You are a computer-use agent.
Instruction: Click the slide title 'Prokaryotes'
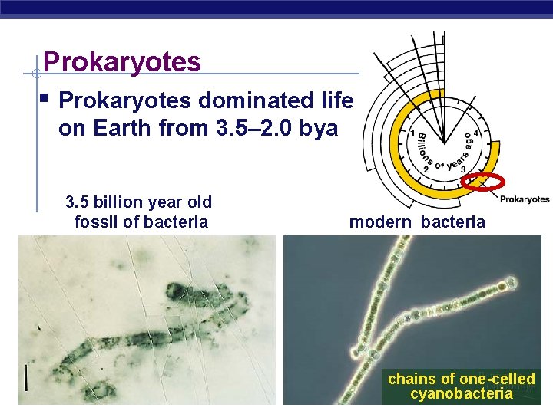[x=122, y=61]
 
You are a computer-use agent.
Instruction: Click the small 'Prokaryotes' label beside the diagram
[x=525, y=199]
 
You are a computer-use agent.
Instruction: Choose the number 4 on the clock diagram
[x=477, y=133]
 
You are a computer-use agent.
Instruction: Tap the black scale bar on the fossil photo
[x=27, y=377]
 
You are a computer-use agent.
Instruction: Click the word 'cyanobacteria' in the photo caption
[x=461, y=394]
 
